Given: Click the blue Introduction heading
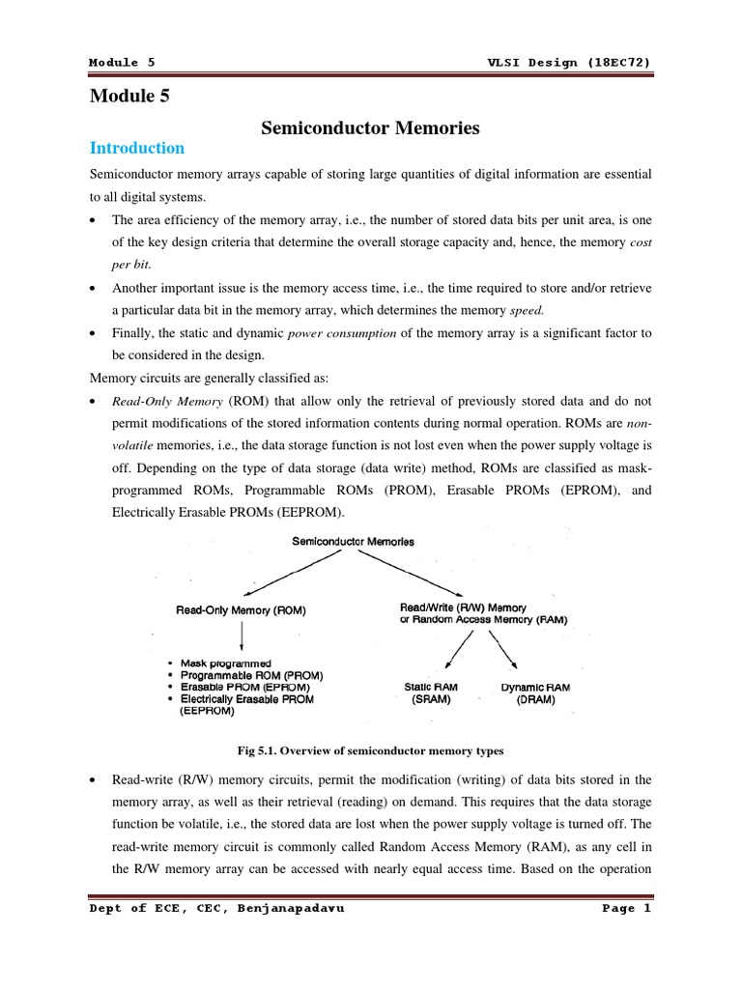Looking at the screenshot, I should (136, 148).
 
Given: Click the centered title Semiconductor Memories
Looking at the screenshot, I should (371, 127).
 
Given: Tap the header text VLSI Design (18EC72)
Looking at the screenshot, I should (570, 62).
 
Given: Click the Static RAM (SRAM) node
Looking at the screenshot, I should (431, 693).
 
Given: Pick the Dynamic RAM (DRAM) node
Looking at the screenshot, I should (535, 693).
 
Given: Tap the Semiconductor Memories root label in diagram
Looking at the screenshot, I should (353, 542).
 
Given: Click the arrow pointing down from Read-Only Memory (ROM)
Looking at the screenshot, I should (241, 636).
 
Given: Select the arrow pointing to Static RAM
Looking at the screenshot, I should (460, 650).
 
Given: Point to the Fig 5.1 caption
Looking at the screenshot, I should (370, 750).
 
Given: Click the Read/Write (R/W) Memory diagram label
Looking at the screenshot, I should (464, 608).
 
